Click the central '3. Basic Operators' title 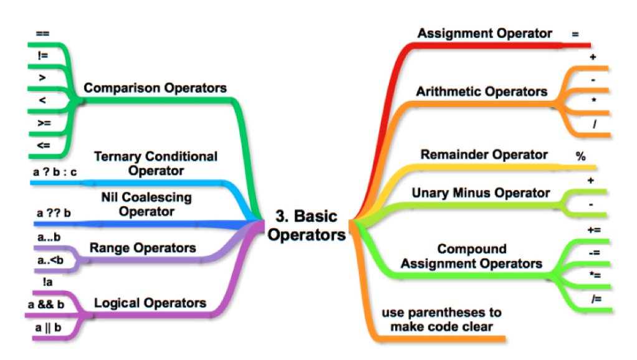pos(310,226)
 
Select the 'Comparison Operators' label pos(155,88)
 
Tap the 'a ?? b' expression pos(54,213)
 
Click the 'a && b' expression pos(47,305)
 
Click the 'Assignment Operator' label pos(484,33)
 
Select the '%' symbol pos(580,157)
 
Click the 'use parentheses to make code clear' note pos(441,319)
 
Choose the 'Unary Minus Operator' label pos(481,192)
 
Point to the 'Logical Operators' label pos(150,303)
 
